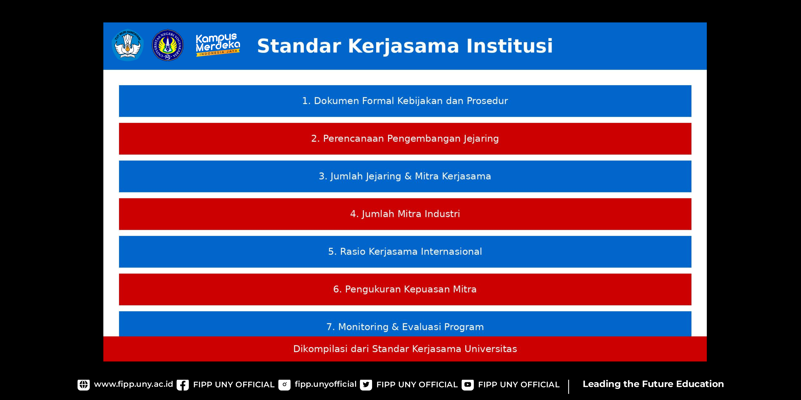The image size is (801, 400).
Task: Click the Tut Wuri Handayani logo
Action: pyautogui.click(x=127, y=45)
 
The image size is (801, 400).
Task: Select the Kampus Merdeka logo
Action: pyautogui.click(x=218, y=45)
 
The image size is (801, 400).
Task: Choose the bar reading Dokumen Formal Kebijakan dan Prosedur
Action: pyautogui.click(x=405, y=101)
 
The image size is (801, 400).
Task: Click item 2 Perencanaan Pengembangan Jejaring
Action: pyautogui.click(x=405, y=139)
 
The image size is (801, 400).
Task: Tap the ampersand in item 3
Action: pyautogui.click(x=408, y=176)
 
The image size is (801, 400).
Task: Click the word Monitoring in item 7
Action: pyautogui.click(x=363, y=327)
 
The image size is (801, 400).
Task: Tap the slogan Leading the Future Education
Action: pyautogui.click(x=653, y=384)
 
